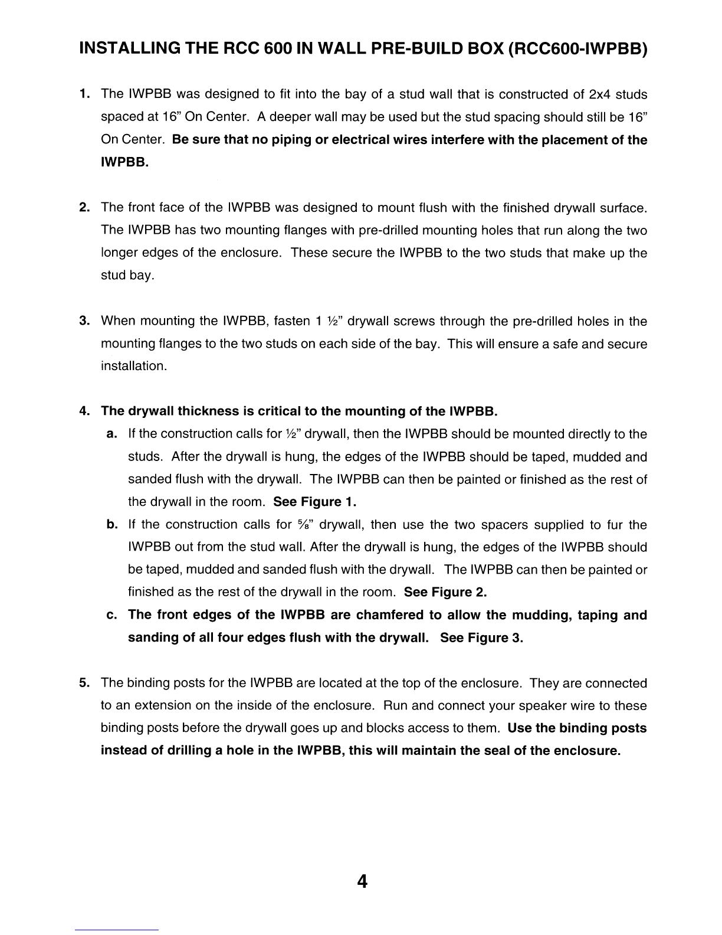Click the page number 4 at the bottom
pyautogui.click(x=362, y=881)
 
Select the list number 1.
pyautogui.click(x=85, y=94)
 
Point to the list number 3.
pyautogui.click(x=85, y=322)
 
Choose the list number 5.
pyautogui.click(x=85, y=684)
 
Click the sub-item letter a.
pyautogui.click(x=111, y=434)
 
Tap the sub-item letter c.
pyautogui.click(x=111, y=616)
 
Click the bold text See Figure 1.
pyautogui.click(x=316, y=502)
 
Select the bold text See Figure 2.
pyautogui.click(x=445, y=592)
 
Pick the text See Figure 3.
pyautogui.click(x=481, y=638)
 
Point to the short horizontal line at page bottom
pyautogui.click(x=117, y=930)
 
